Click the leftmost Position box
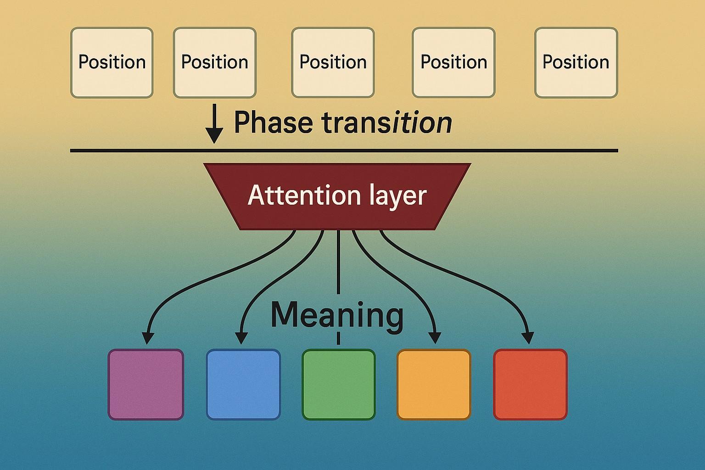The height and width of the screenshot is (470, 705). [x=112, y=62]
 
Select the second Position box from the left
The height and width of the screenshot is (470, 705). [x=215, y=62]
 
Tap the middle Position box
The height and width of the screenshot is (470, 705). [x=333, y=62]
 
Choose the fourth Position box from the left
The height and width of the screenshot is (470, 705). [x=454, y=62]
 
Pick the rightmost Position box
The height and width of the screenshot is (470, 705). [x=576, y=62]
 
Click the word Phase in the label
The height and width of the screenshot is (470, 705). [x=273, y=123]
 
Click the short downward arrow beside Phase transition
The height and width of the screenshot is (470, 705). [x=214, y=124]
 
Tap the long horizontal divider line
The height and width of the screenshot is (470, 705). [x=344, y=151]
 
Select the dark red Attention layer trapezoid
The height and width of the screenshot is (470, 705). [x=337, y=196]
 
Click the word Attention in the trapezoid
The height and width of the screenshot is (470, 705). [x=304, y=196]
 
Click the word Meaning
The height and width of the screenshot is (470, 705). [x=337, y=316]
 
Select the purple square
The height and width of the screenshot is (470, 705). [x=145, y=384]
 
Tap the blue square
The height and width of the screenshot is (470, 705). [x=243, y=384]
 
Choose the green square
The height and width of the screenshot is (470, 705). [x=339, y=384]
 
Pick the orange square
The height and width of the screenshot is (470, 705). [x=434, y=384]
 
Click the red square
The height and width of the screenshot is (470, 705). [x=530, y=384]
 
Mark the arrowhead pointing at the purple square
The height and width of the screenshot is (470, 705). [x=147, y=338]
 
